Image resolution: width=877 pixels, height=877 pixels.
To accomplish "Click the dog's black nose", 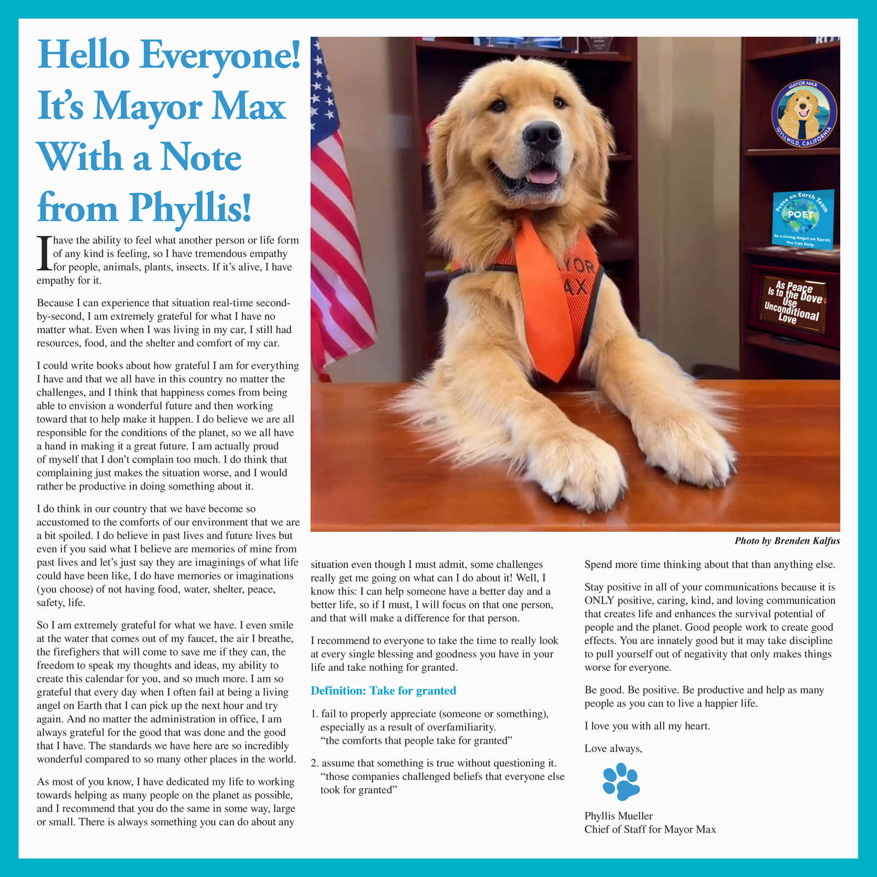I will coord(542,135).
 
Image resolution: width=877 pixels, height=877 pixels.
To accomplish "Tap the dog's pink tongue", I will coord(543,176).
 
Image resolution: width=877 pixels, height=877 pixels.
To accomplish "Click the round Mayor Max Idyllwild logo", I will coord(804,114).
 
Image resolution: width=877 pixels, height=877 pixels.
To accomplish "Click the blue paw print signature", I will coord(621,782).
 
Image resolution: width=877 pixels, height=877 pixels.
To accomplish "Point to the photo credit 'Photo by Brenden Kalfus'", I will coord(787,541).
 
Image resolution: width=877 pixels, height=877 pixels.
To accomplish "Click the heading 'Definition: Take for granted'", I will coord(383,691).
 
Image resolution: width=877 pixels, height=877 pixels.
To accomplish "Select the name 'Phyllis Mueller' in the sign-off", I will coord(618,816).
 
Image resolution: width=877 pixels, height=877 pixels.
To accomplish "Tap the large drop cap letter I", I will coord(44,253).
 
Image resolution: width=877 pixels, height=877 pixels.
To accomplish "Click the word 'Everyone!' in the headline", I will coord(220,55).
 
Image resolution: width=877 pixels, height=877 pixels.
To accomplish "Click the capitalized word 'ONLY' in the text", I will coord(599,600).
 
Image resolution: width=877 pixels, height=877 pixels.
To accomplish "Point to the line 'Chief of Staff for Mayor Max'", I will coord(650,829).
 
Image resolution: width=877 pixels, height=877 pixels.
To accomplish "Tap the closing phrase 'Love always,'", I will coord(613,748).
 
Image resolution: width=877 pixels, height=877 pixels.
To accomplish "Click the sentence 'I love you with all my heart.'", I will coord(647,726).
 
